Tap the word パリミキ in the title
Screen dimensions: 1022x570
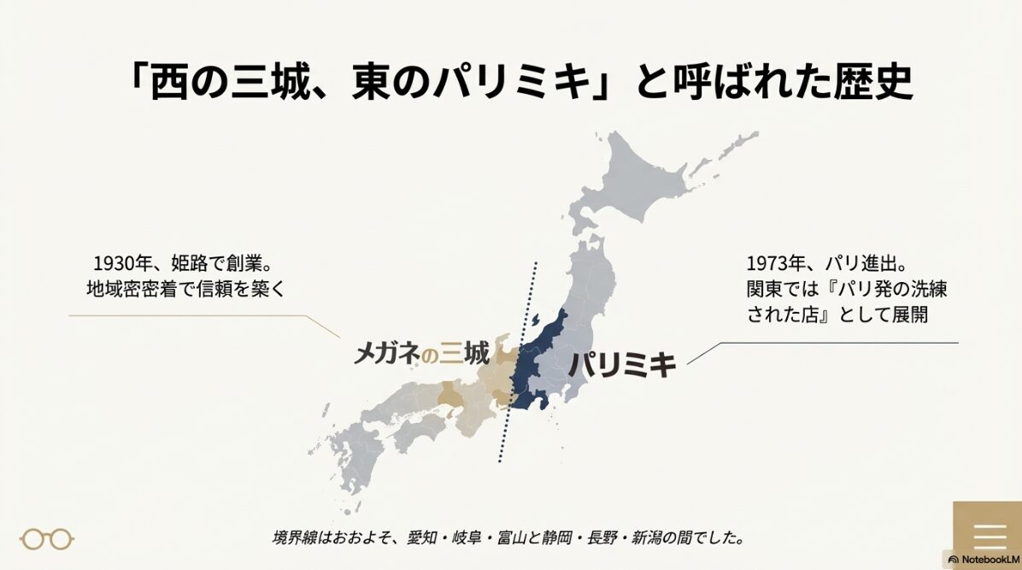(x=521, y=84)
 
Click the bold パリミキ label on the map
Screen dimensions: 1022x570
(x=622, y=365)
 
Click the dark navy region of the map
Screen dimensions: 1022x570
(x=535, y=359)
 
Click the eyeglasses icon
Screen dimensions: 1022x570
(x=47, y=539)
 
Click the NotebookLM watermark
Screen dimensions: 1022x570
(x=984, y=559)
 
